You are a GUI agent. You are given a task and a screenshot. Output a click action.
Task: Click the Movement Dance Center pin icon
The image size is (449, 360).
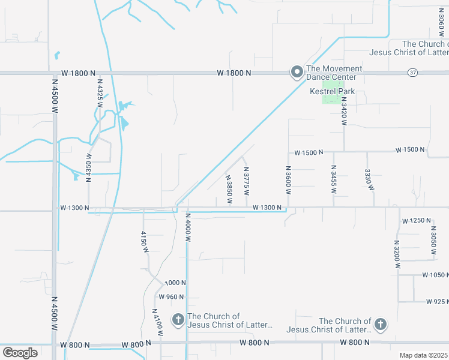click(297, 73)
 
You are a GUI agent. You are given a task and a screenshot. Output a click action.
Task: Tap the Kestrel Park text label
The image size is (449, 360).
click(332, 92)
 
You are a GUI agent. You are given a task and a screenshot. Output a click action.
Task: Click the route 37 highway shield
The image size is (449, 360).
click(412, 73)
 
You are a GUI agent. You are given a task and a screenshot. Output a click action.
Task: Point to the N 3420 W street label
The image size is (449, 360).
click(344, 110)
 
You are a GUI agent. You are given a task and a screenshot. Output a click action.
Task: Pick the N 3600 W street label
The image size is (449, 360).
click(288, 180)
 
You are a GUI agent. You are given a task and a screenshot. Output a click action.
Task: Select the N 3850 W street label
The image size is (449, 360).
click(229, 188)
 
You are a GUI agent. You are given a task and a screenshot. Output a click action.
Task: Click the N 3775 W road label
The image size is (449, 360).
click(246, 181)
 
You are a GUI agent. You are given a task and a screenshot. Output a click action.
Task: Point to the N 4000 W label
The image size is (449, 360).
click(188, 227)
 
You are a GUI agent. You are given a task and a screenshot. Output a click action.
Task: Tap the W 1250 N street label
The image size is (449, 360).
click(417, 221)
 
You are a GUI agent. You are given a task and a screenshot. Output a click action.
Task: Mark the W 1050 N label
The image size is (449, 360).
click(432, 275)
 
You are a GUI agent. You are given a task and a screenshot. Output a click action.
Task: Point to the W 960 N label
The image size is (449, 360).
click(172, 297)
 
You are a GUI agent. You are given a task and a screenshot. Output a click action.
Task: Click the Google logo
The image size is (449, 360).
click(20, 353)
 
